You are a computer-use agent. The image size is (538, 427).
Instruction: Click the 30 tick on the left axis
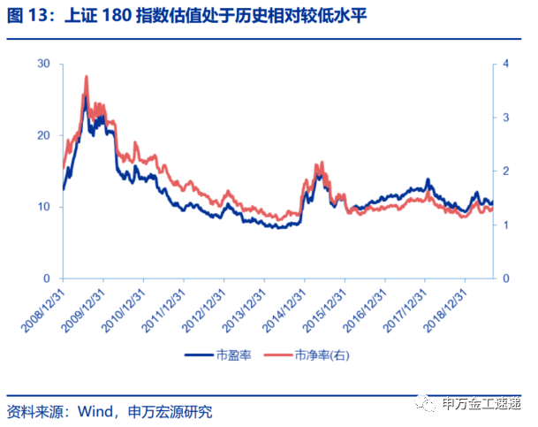[44, 64]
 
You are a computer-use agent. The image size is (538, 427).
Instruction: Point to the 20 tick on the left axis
[44, 135]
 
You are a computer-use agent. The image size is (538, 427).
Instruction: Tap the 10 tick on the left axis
[44, 207]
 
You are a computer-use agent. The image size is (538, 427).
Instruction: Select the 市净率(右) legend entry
[326, 355]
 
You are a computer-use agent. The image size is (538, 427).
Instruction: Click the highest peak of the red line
[87, 77]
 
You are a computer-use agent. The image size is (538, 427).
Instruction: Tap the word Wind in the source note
[95, 411]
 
